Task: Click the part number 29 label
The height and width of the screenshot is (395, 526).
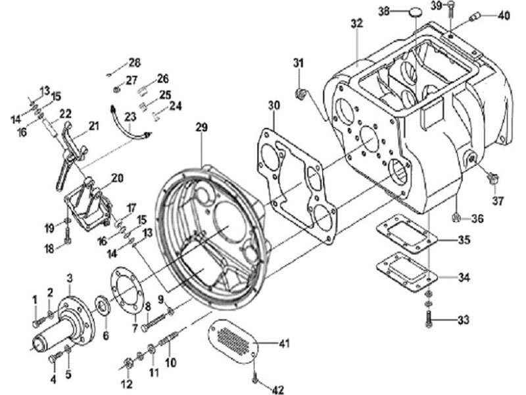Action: [202, 128]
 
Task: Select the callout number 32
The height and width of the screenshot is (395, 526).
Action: [358, 24]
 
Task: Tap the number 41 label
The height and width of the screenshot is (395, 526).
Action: [283, 344]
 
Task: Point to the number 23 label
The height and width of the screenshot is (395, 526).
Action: [130, 117]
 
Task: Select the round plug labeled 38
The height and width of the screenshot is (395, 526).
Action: [414, 13]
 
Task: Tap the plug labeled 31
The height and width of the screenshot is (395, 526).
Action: [300, 93]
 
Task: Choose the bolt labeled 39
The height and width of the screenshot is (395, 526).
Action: [450, 9]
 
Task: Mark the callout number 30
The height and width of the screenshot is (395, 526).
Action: [274, 105]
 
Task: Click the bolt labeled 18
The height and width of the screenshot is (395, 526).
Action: [68, 238]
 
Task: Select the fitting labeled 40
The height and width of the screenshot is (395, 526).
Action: [476, 16]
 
